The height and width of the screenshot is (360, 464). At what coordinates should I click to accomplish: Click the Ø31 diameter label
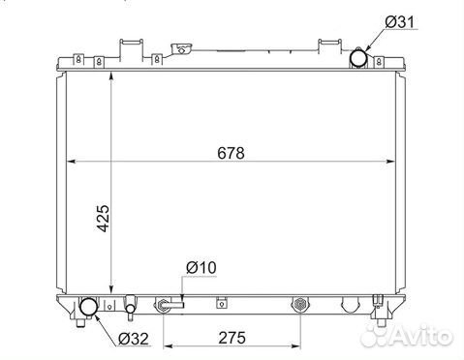[x=399, y=22]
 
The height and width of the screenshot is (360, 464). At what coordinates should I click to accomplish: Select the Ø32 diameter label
[x=134, y=339]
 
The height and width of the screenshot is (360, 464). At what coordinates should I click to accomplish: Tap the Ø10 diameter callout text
[x=201, y=268]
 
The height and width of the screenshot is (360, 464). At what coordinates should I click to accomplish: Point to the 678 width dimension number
[x=231, y=153]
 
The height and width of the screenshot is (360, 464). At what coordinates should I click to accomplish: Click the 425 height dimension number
[x=104, y=218]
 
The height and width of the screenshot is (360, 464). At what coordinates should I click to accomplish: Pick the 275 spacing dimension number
[x=232, y=338]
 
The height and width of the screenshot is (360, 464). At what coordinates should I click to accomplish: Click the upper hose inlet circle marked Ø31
[x=358, y=58]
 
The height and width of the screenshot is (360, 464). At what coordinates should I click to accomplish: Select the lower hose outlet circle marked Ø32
[x=88, y=307]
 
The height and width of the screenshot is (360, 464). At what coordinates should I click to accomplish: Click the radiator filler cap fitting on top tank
[x=181, y=50]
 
